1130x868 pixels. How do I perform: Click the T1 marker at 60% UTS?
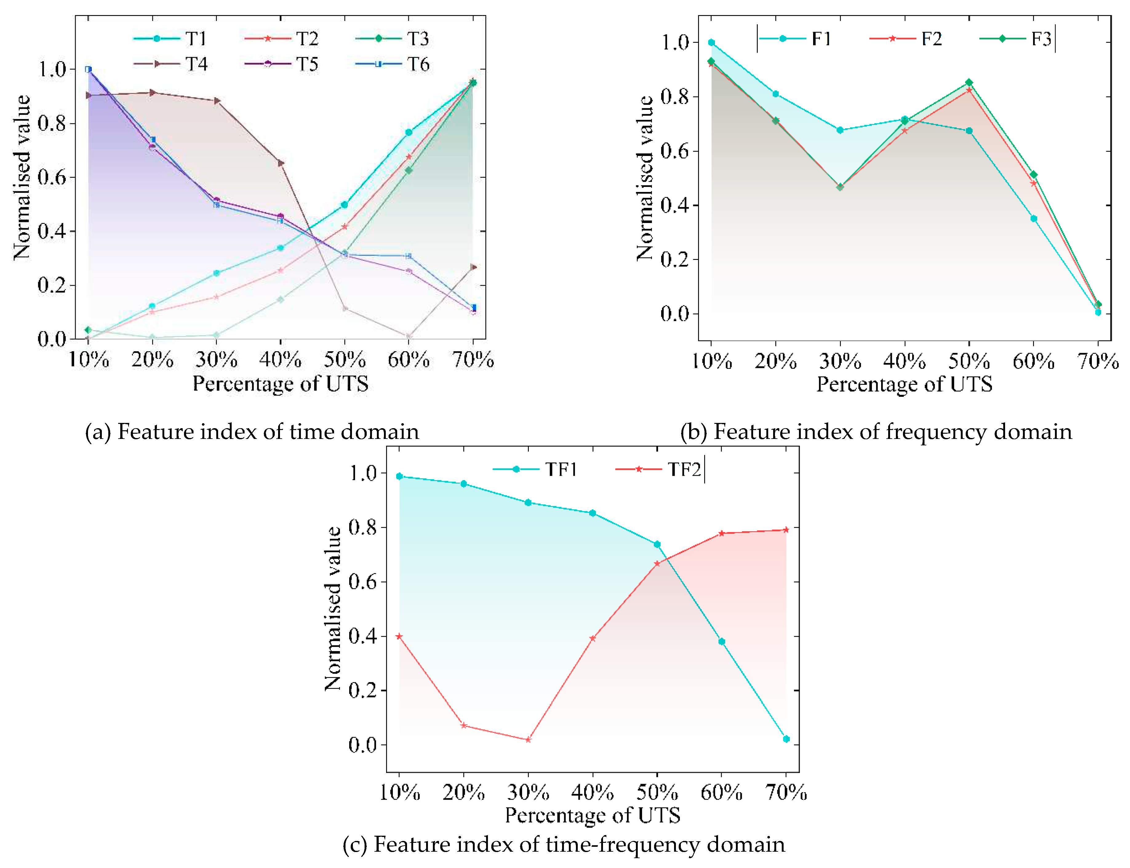[x=409, y=132]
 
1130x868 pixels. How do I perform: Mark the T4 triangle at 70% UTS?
[x=473, y=267]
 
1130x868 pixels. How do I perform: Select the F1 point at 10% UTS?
[x=712, y=42]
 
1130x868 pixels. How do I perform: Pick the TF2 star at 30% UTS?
[x=528, y=740]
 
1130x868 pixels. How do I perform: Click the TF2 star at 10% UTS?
[x=399, y=636]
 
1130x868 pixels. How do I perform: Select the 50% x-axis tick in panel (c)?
[x=657, y=792]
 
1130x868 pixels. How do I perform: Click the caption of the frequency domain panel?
[x=876, y=432]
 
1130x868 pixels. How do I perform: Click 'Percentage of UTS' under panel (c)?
[x=592, y=815]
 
